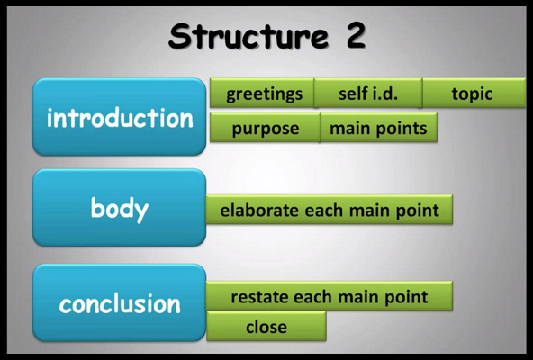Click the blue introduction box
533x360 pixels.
click(120, 117)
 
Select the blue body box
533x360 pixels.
click(120, 207)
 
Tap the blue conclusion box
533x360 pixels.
click(120, 302)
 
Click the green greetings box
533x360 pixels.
click(262, 93)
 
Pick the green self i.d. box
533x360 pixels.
click(368, 93)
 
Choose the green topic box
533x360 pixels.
click(474, 93)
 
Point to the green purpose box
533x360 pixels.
click(265, 128)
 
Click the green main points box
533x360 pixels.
click(379, 128)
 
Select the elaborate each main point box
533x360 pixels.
click(329, 210)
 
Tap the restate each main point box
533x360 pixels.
click(329, 296)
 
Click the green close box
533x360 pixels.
click(266, 326)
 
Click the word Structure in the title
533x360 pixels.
click(248, 36)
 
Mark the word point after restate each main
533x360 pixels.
click(406, 298)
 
